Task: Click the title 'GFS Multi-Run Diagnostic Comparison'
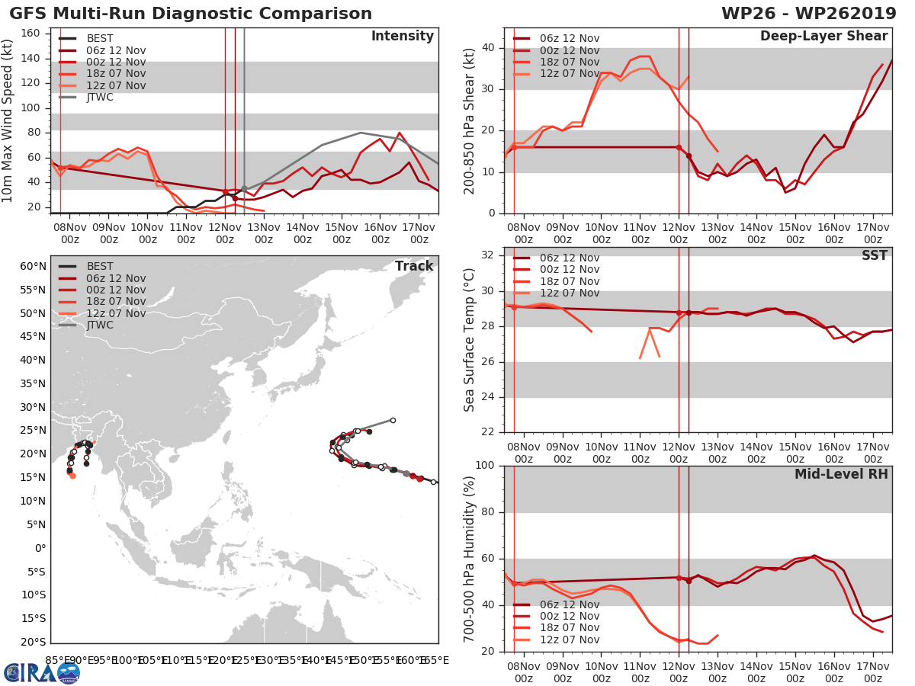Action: coord(191,14)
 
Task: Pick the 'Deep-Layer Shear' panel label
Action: coord(823,37)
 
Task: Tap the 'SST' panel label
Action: coord(875,255)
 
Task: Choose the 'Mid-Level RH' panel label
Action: coord(841,474)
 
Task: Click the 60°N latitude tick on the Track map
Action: coord(33,266)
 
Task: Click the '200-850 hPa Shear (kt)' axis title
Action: coord(470,121)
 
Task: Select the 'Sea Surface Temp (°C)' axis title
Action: coord(470,340)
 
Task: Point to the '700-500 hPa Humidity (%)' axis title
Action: coord(470,559)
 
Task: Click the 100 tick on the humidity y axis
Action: coord(485,466)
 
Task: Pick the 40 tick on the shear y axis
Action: coord(488,48)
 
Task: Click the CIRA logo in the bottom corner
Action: coord(42,672)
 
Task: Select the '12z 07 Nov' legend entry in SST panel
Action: coord(568,293)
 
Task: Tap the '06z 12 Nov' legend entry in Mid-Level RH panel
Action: coord(568,604)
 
